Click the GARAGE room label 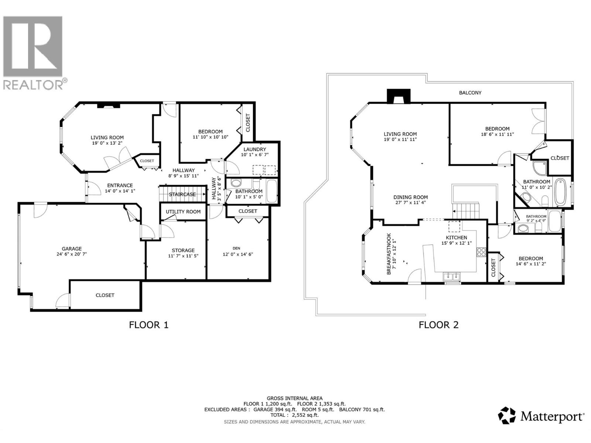72,248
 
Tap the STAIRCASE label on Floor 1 182,194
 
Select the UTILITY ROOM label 183,212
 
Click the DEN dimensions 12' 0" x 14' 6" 238,254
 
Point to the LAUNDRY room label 254,149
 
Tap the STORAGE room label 183,250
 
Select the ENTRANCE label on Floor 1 120,185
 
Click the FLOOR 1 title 148,325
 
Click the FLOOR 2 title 438,325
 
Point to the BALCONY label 470,93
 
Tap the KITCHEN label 457,237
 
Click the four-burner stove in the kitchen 481,252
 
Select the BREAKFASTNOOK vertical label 389,254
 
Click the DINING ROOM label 410,197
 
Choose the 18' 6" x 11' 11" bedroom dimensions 497,134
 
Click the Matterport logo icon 507,416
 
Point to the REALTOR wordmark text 33,85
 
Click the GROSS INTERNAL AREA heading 294,398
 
